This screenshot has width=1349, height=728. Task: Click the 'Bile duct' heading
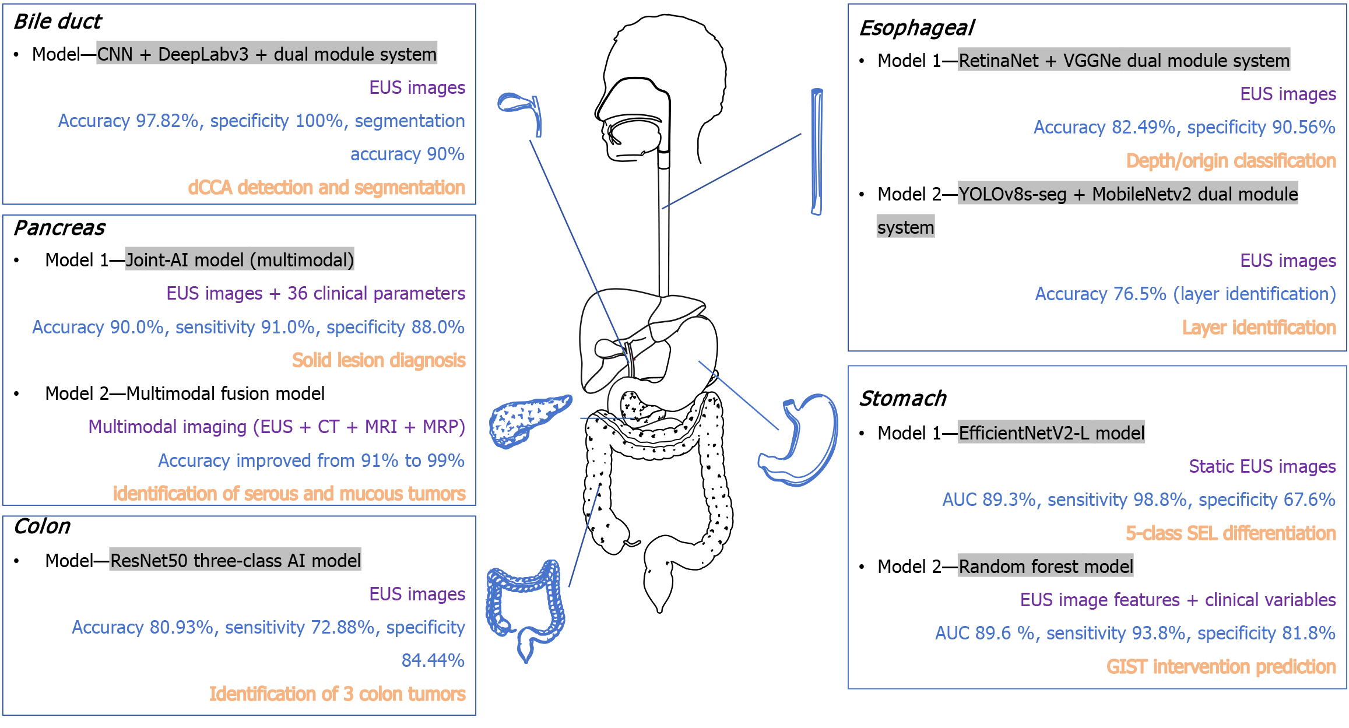pyautogui.click(x=57, y=22)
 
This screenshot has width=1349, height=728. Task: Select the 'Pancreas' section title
pyautogui.click(x=59, y=228)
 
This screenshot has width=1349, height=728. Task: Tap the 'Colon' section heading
pyautogui.click(x=42, y=526)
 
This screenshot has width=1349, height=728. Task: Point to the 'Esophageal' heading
pyautogui.click(x=916, y=28)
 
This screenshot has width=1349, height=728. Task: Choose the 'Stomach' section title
pyautogui.click(x=902, y=399)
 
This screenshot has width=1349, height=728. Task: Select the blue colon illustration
pyautogui.click(x=525, y=606)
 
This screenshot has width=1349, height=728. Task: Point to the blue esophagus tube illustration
pyautogui.click(x=817, y=152)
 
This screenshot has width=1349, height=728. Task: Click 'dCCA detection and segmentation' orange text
pyautogui.click(x=326, y=188)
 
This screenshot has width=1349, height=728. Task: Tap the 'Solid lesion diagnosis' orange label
pyautogui.click(x=378, y=360)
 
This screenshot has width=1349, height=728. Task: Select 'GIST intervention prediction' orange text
pyautogui.click(x=1221, y=666)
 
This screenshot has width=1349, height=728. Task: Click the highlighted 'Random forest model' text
pyautogui.click(x=1045, y=566)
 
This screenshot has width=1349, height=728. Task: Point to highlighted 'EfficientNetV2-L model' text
pyautogui.click(x=1051, y=433)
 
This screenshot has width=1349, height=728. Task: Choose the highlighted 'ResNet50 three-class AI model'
pyautogui.click(x=235, y=561)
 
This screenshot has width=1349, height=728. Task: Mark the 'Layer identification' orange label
pyautogui.click(x=1259, y=328)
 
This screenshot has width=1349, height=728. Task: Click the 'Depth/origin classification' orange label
pyautogui.click(x=1231, y=161)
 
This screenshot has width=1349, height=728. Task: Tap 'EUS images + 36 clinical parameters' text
pyautogui.click(x=315, y=293)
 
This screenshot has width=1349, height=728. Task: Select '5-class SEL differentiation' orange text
pyautogui.click(x=1230, y=533)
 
